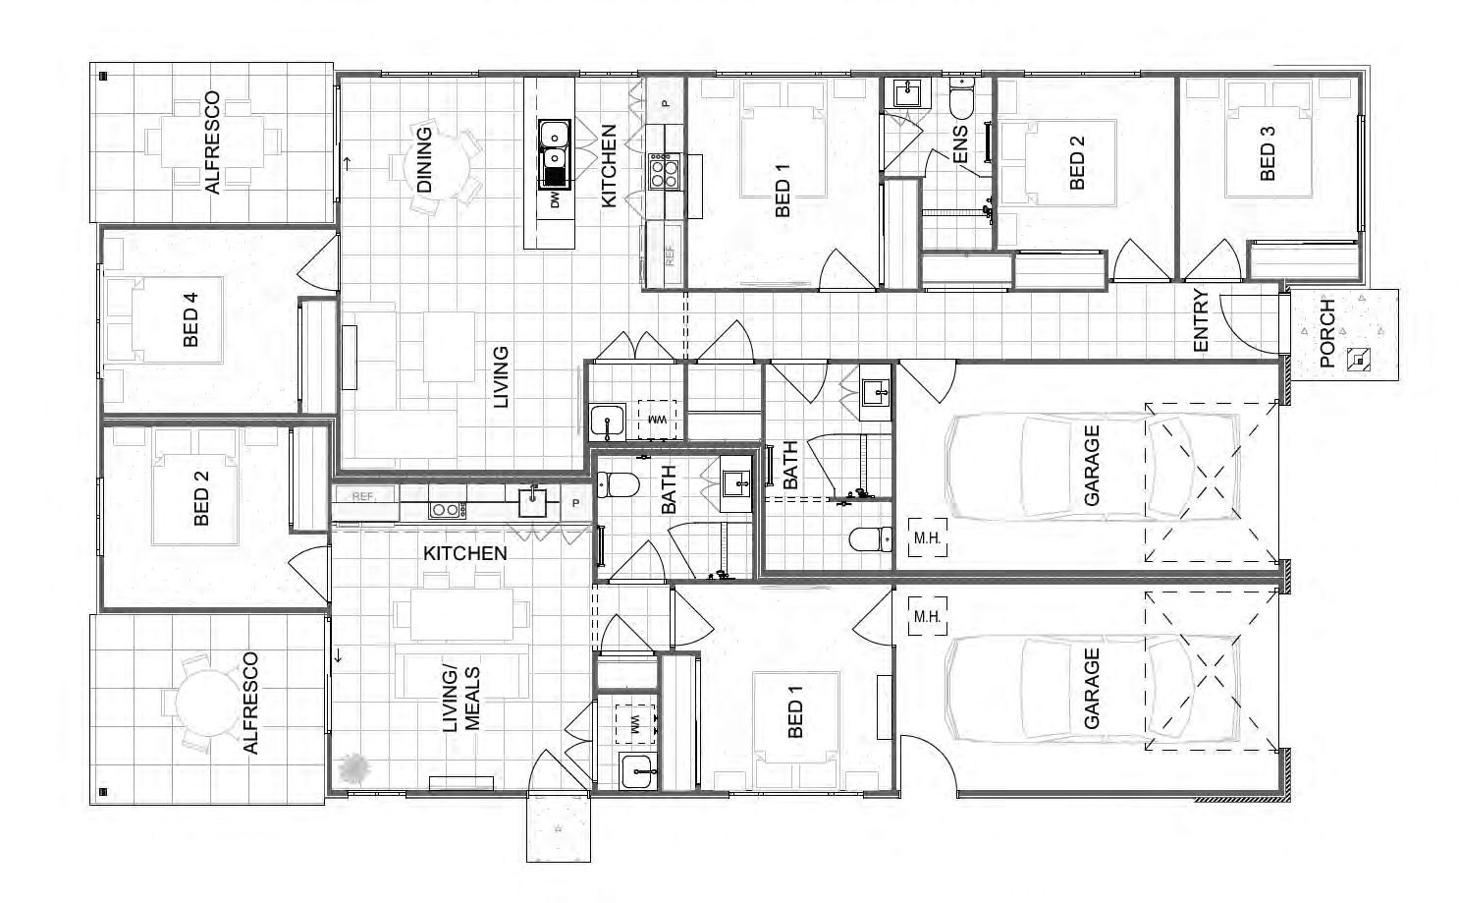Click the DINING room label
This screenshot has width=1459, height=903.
(424, 160)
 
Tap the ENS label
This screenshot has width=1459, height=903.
(960, 144)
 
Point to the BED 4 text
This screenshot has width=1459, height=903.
(190, 319)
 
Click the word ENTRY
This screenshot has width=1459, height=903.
(1201, 320)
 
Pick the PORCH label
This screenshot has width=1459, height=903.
(1326, 333)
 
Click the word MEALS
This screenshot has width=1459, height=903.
(472, 699)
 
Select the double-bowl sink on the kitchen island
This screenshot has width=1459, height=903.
(555, 154)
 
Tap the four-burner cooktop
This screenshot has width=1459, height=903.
(664, 171)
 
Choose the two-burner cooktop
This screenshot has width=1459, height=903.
(447, 510)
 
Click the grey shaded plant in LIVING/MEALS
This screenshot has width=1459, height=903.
(355, 768)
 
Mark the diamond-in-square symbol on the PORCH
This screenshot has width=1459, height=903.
(1358, 360)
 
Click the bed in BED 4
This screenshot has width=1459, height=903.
(178, 319)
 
